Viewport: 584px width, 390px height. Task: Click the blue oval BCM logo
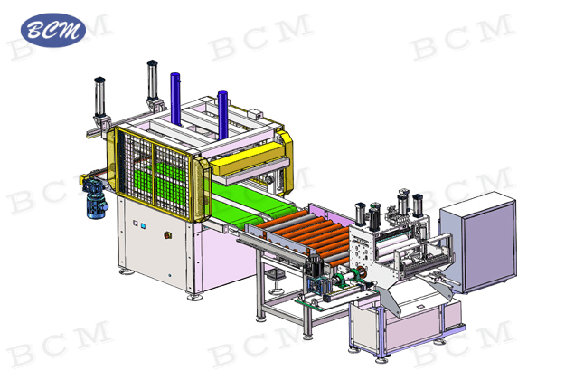tap(53, 30)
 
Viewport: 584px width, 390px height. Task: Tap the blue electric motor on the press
tap(96, 197)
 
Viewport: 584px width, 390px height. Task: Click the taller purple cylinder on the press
tap(175, 99)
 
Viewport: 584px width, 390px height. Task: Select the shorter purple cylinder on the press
tap(222, 115)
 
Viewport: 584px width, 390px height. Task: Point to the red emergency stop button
tap(168, 235)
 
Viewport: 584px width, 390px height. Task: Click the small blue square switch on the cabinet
tap(143, 226)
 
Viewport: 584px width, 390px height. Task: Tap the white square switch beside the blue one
tap(136, 223)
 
